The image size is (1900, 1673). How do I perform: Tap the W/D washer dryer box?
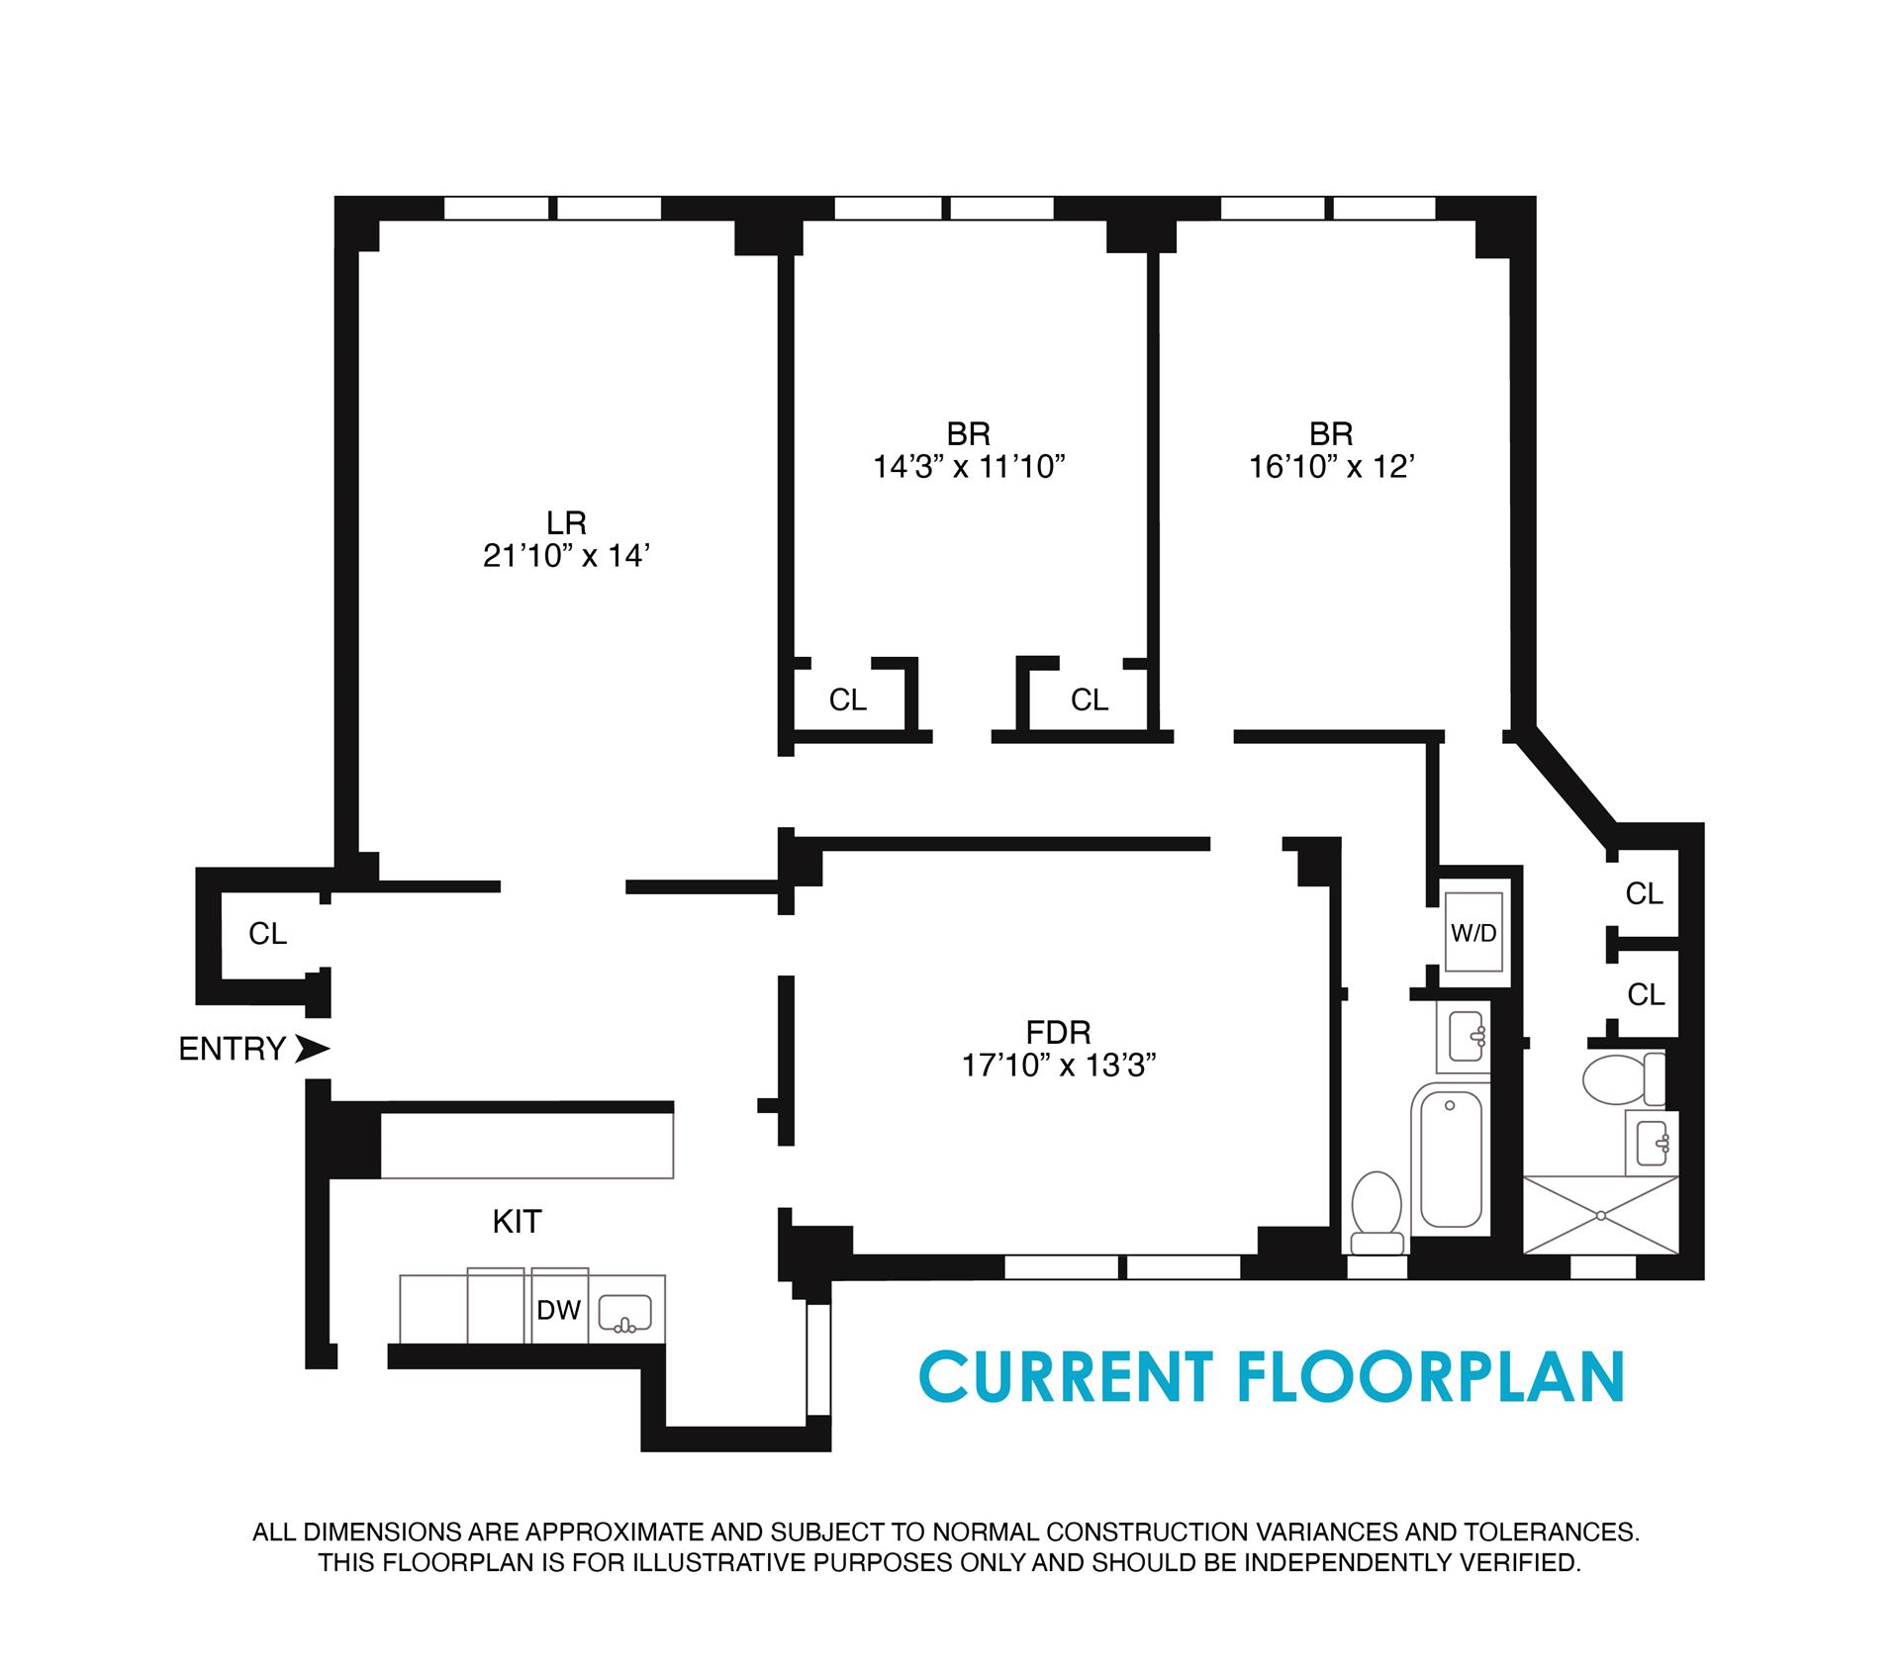[1473, 933]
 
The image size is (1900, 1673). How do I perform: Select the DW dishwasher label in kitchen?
[558, 1311]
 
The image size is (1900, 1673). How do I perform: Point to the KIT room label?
[517, 1222]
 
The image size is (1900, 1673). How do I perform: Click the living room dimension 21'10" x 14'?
[565, 557]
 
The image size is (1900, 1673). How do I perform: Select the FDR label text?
[1058, 1033]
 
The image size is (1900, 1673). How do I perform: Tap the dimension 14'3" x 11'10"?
[968, 467]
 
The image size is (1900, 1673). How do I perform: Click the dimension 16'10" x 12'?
[1330, 467]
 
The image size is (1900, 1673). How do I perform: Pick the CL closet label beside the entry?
[267, 934]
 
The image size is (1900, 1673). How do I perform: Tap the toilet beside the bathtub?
[1377, 1213]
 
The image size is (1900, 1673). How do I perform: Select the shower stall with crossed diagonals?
[1600, 1215]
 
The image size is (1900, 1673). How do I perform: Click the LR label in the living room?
[566, 522]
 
